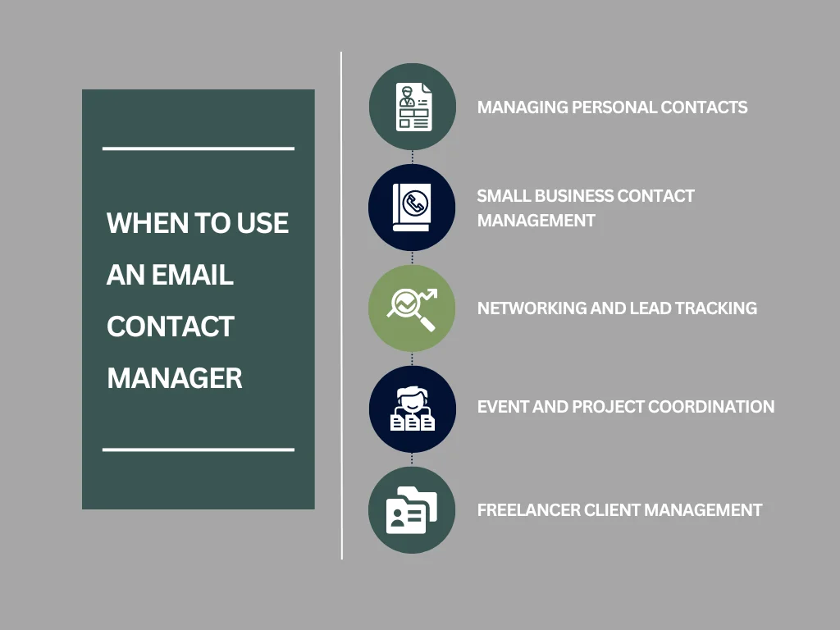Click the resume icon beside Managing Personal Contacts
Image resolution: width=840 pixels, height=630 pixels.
point(413,107)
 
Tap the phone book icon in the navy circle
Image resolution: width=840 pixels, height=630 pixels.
point(412,208)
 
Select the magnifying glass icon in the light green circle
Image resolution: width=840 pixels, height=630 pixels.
point(412,308)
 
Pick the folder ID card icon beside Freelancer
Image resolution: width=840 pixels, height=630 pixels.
point(412,510)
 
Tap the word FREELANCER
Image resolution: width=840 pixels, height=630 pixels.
point(528,510)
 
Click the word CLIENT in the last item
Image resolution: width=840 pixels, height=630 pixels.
point(611,510)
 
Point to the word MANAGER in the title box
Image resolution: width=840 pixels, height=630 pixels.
point(175,378)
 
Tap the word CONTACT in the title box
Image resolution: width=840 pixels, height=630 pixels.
point(171,326)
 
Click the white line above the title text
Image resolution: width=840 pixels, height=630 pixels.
point(198,148)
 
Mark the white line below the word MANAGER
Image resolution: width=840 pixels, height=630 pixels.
point(198,450)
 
